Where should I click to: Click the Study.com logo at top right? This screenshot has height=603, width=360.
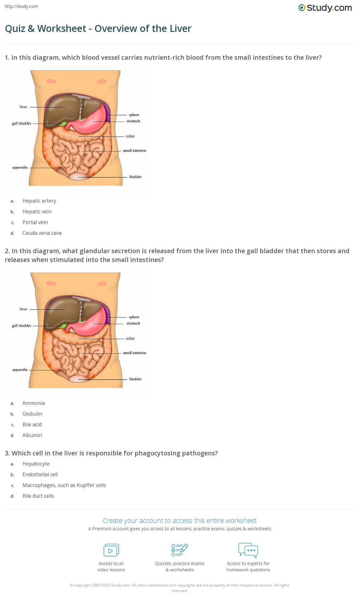click(325, 8)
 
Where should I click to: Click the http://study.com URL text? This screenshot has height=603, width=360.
click(21, 6)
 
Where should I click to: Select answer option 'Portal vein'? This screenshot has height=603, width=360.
click(35, 222)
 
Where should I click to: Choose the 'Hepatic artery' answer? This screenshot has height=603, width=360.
click(39, 201)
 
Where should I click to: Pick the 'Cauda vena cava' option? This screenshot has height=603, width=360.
click(42, 233)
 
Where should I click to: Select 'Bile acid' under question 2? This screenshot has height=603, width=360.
click(32, 424)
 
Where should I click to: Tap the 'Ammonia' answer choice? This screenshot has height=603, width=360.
click(33, 403)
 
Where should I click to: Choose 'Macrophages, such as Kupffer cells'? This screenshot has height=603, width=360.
click(64, 485)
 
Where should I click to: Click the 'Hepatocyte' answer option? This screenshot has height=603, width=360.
click(36, 464)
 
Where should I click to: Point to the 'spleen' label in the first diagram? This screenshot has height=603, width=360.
click(134, 115)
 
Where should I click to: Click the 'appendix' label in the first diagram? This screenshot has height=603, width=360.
click(20, 167)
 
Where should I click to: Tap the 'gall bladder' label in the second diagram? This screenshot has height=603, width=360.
click(21, 326)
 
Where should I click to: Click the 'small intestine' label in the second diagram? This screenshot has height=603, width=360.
click(135, 353)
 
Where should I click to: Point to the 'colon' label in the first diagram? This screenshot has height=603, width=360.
click(130, 136)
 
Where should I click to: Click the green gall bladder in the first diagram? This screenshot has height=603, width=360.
click(63, 124)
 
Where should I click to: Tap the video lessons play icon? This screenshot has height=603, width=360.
click(111, 550)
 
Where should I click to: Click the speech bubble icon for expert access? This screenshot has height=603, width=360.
click(248, 550)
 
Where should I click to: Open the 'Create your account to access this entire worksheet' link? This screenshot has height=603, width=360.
click(180, 521)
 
